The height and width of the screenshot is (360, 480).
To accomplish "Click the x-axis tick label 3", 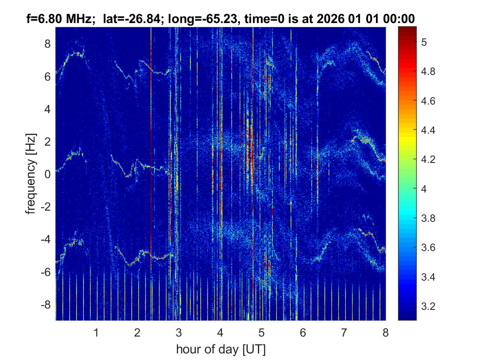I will pyautogui.click(x=179, y=332).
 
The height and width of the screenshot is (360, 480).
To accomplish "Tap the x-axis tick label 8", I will pyautogui.click(x=385, y=332).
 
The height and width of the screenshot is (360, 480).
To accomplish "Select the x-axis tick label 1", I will pyautogui.click(x=96, y=332).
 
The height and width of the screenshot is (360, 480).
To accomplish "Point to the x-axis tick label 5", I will pyautogui.click(x=262, y=332).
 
